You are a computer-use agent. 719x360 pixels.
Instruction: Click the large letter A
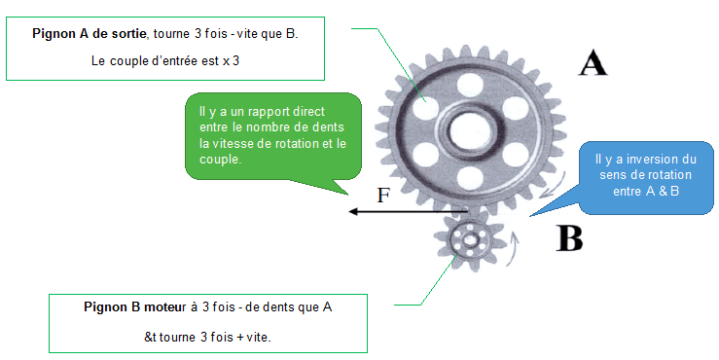[x=593, y=63]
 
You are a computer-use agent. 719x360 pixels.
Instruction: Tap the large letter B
[x=569, y=237]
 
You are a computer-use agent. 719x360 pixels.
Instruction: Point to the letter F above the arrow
[x=383, y=196]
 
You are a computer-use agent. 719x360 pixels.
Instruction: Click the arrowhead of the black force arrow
[x=353, y=211]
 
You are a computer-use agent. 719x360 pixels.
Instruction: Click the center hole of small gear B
[x=470, y=239]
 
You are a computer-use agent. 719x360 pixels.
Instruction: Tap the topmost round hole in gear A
[x=470, y=85]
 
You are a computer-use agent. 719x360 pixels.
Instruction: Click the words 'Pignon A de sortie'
[x=90, y=34]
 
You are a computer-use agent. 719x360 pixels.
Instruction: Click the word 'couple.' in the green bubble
[x=221, y=160]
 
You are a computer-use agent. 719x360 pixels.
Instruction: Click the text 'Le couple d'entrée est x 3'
[x=165, y=61]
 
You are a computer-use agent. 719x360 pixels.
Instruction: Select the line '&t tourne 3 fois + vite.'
[x=207, y=337]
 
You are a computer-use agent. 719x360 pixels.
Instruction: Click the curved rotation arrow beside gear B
[x=515, y=248]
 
